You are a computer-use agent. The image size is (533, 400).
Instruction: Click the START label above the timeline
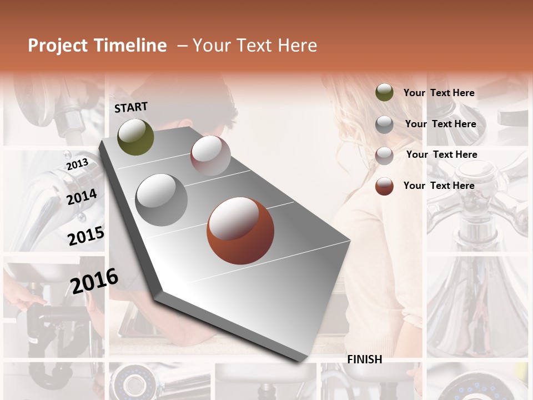pos(131,107)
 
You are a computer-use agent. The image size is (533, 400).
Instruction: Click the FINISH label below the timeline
pos(364,359)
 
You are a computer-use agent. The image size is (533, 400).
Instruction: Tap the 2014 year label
pos(82,197)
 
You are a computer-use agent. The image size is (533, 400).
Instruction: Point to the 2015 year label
pos(86,236)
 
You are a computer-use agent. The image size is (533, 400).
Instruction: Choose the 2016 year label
pos(94,281)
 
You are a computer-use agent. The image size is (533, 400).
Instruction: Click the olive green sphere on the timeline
pos(135,137)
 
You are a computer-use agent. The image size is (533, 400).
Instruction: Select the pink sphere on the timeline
pos(210,155)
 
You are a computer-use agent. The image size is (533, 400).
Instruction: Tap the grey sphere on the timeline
pos(162,199)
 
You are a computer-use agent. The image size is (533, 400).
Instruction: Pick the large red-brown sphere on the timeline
pos(240,231)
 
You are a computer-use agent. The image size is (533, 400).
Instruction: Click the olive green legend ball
pos(384,93)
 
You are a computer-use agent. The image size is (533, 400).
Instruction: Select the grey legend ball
pos(384,124)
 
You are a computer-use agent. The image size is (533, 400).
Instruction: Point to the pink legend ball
pos(384,156)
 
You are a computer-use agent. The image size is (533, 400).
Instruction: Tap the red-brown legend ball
pos(384,186)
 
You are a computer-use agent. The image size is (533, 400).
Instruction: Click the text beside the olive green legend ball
pos(439,93)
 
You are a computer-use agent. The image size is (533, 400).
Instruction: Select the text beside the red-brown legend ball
pos(439,186)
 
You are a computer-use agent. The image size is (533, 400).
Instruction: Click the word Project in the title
pos(58,46)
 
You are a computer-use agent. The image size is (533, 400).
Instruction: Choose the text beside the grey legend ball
pos(440,124)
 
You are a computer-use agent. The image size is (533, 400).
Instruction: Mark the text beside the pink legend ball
pos(441,154)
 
